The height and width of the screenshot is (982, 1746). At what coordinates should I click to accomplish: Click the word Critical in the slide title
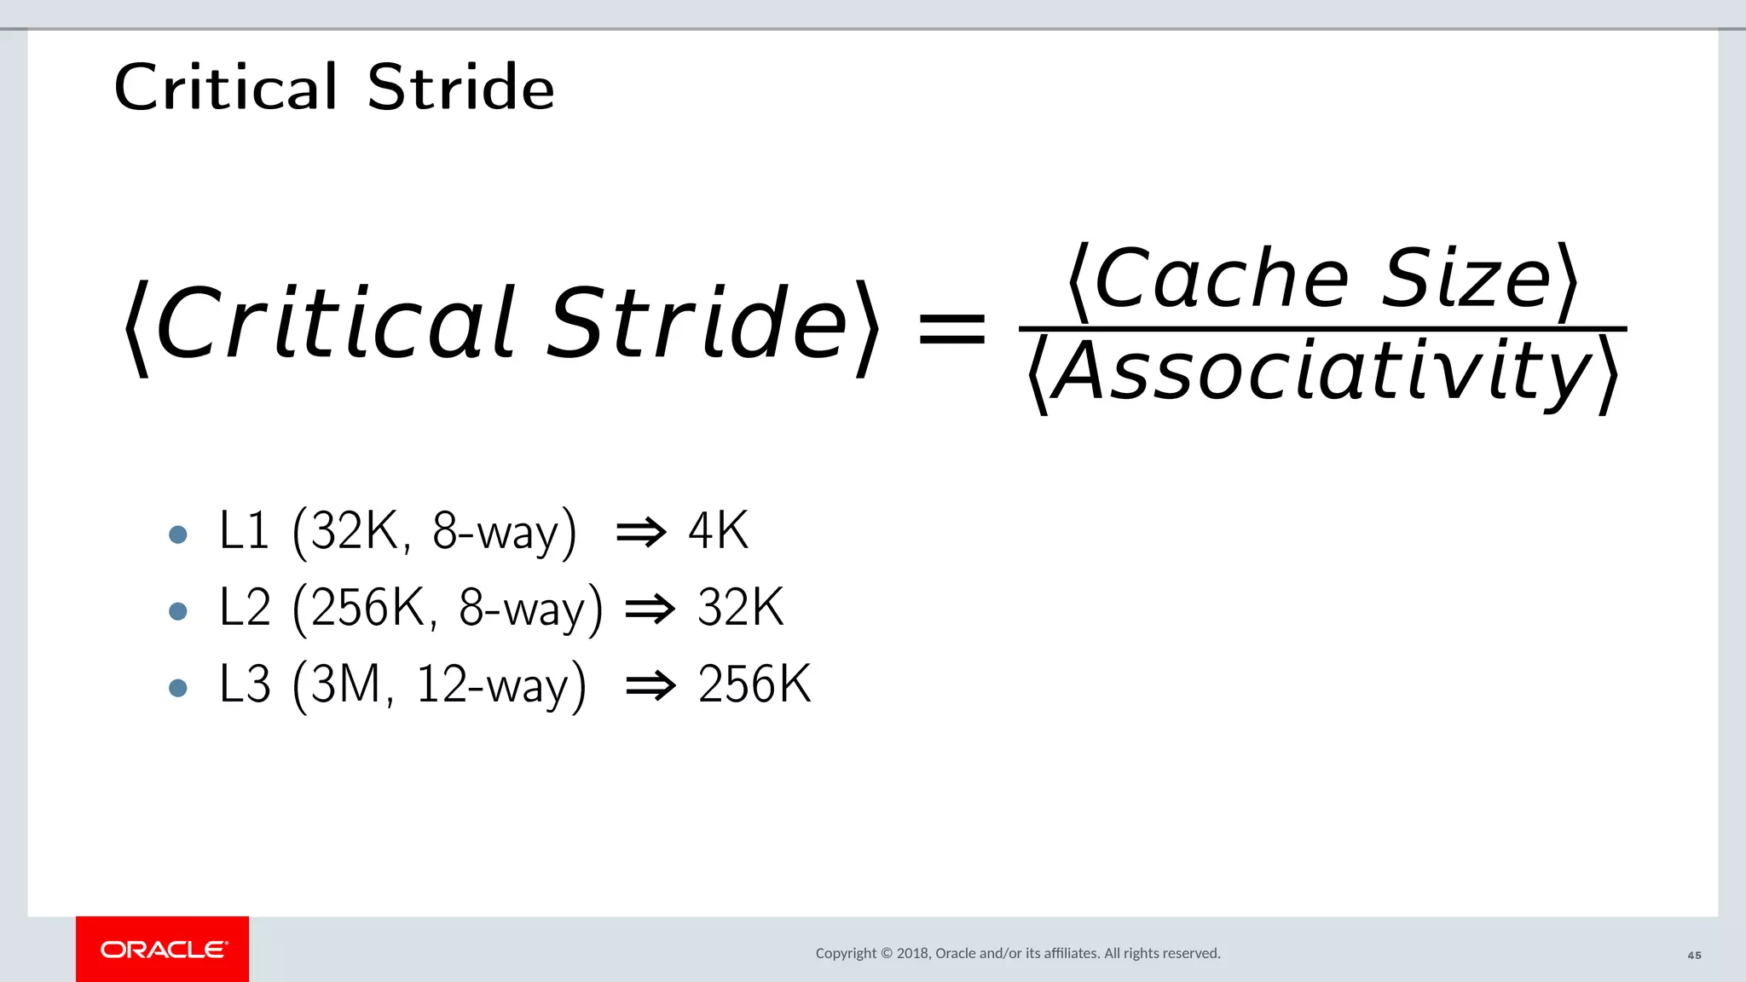point(226,87)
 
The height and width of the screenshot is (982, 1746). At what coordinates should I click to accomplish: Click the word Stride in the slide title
point(461,87)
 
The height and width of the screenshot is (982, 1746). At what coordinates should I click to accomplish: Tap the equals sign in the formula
point(951,329)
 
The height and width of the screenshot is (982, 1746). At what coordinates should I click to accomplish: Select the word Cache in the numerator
point(1221,279)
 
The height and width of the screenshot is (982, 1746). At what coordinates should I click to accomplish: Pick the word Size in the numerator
point(1466,279)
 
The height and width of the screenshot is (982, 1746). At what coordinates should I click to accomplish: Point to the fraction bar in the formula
point(1321,328)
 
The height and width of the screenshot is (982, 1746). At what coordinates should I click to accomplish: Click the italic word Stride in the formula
point(697,324)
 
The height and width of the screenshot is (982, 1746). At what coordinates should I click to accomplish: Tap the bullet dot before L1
point(178,534)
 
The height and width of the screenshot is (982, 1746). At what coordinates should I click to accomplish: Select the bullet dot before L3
point(178,688)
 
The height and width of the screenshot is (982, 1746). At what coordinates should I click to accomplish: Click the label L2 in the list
point(245,608)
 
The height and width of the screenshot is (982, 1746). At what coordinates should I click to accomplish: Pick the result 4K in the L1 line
point(718,531)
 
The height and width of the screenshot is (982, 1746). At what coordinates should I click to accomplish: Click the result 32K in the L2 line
point(740,608)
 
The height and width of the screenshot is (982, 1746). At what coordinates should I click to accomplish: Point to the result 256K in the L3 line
point(754,685)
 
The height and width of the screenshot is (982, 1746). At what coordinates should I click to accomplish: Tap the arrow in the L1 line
point(641,533)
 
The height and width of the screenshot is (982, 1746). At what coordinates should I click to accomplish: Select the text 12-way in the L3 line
point(491,685)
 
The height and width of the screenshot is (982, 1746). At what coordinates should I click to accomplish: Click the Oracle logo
point(163,950)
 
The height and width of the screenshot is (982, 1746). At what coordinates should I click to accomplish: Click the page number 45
point(1694,956)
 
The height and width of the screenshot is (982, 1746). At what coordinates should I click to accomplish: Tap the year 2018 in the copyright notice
point(912,953)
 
